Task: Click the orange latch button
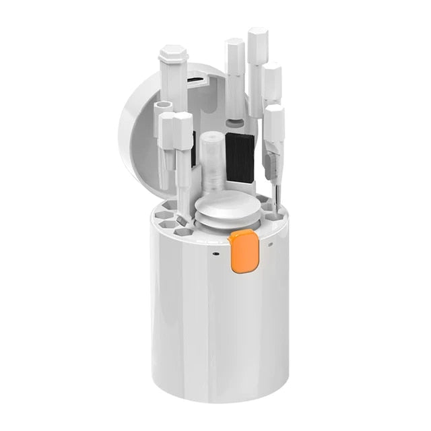point(244,251)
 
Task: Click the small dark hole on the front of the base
point(214,254)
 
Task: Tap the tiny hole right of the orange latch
point(270,244)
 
